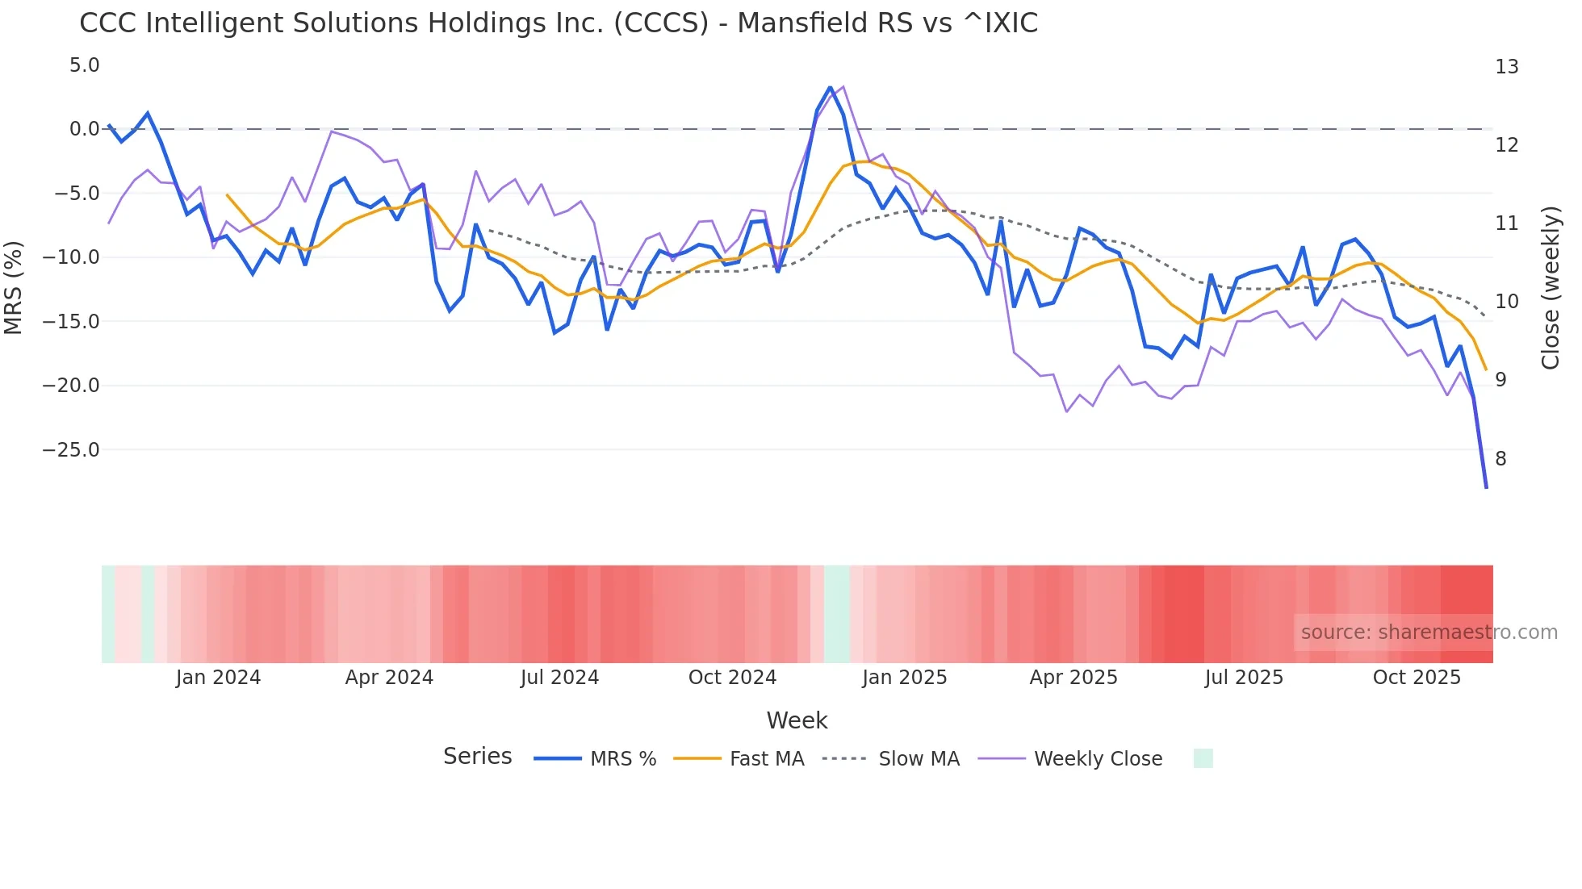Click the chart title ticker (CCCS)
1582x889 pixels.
click(x=661, y=23)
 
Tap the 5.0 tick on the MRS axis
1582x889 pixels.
click(x=84, y=65)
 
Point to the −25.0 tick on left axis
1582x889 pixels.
click(x=71, y=450)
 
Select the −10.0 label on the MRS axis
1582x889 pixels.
click(x=71, y=257)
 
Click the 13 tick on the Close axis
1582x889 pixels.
click(x=1506, y=67)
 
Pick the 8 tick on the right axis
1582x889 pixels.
click(x=1500, y=459)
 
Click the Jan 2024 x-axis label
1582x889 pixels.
click(x=218, y=678)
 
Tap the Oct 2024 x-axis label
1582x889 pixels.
click(x=732, y=678)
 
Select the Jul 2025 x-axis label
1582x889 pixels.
click(x=1244, y=678)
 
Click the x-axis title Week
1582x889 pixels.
click(x=797, y=720)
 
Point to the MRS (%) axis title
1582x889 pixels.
click(x=14, y=288)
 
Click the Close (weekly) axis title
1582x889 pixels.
click(x=1551, y=288)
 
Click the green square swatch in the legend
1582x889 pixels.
click(x=1203, y=758)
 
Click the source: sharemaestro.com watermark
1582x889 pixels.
click(x=1429, y=632)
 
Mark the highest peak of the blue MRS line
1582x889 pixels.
click(x=830, y=87)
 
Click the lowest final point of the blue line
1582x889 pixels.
click(x=1486, y=487)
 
